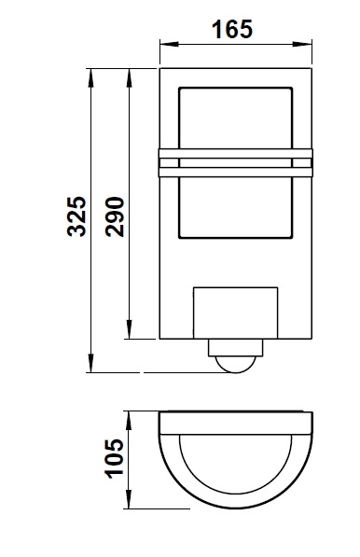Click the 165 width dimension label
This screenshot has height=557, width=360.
pos(232,30)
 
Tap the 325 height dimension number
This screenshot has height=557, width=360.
pos(76,216)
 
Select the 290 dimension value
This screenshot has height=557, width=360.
pos(115,216)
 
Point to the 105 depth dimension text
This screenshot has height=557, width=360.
pos(114,459)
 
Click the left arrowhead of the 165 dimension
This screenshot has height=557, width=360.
pos(169,44)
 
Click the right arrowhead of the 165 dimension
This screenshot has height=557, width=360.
pos(302,44)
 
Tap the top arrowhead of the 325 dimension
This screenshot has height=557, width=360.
pos(90,77)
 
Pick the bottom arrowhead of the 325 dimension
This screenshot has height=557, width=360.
pos(90,363)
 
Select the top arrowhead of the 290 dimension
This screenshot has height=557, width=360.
pos(129,77)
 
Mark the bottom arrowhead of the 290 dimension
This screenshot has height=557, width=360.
pos(129,329)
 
